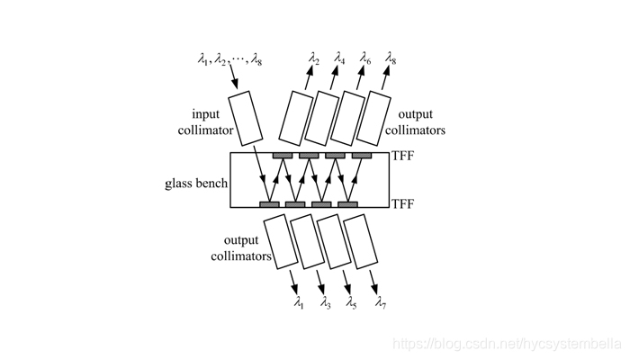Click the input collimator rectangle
pyautogui.click(x=246, y=118)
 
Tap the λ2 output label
pyautogui.click(x=314, y=58)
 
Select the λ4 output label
pyautogui.click(x=339, y=58)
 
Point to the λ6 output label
pyautogui.click(x=365, y=58)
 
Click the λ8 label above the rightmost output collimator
pyautogui.click(x=391, y=58)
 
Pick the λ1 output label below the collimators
pyautogui.click(x=299, y=302)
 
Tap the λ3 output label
pyautogui.click(x=326, y=302)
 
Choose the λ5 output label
pyautogui.click(x=352, y=302)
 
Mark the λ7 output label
pyautogui.click(x=381, y=302)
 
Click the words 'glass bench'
pyautogui.click(x=196, y=184)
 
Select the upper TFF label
pyautogui.click(x=402, y=156)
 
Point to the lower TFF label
pyautogui.click(x=402, y=204)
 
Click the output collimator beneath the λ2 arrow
pyautogui.click(x=296, y=118)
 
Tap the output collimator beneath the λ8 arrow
pyautogui.click(x=373, y=118)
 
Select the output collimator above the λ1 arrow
pyautogui.click(x=281, y=241)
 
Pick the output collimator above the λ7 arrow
pyautogui.click(x=361, y=241)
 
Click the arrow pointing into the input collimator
pyautogui.click(x=233, y=76)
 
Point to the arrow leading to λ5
pyautogui.click(x=346, y=283)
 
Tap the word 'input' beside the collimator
pyautogui.click(x=206, y=114)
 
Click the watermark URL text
pyautogui.click(x=507, y=345)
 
